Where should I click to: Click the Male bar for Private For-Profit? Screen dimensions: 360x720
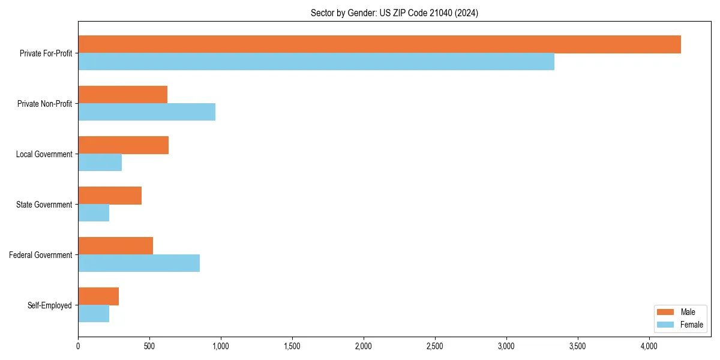[379, 44]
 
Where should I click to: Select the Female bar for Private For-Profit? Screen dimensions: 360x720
[316, 62]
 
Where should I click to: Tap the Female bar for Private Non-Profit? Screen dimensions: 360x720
[146, 112]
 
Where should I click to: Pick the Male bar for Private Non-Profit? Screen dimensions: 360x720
[122, 95]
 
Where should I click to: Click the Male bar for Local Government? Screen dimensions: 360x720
[123, 145]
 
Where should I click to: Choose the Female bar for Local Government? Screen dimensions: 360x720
[100, 163]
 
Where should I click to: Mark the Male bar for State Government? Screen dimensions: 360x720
[110, 196]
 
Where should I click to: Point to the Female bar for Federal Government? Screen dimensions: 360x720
[139, 263]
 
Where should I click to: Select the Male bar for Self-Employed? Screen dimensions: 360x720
[98, 296]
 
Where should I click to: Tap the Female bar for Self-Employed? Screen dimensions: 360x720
[94, 314]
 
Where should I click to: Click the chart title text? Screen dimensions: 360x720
[394, 13]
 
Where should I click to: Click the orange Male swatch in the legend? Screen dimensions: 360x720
[666, 312]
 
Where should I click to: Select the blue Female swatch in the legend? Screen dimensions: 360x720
[666, 325]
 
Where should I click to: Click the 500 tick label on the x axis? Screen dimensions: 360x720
[149, 346]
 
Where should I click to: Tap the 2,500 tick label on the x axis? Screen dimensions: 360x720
[434, 346]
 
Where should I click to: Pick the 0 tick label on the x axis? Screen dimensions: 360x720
[78, 346]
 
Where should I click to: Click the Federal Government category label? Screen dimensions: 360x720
[40, 255]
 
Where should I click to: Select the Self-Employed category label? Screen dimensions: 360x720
[49, 305]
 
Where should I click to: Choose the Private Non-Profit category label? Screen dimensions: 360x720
[44, 104]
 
